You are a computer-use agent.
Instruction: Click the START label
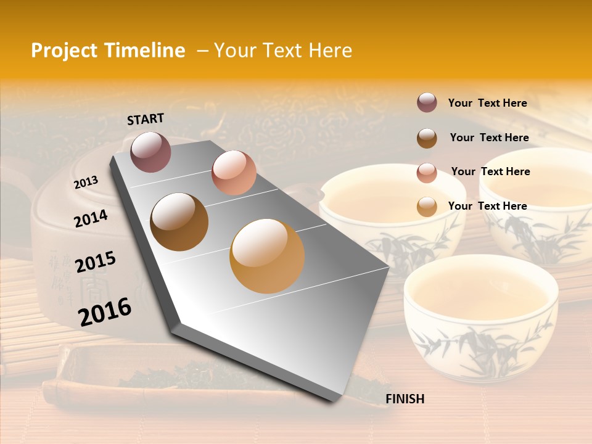[x=146, y=119]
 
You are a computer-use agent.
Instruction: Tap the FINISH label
[x=405, y=399]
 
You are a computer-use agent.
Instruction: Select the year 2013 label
[x=86, y=183]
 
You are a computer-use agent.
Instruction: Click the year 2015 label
[x=96, y=262]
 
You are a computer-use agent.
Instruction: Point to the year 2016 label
[x=105, y=311]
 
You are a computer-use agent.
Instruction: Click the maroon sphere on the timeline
[x=150, y=152]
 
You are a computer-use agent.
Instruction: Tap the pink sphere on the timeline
[x=234, y=173]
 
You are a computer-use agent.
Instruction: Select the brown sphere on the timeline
[x=179, y=222]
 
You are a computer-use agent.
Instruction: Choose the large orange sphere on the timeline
[x=267, y=256]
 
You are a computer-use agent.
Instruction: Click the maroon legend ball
[x=427, y=103]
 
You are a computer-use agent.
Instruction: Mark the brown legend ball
[x=427, y=138]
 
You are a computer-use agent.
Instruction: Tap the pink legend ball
[x=427, y=173]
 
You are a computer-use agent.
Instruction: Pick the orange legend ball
[x=427, y=207]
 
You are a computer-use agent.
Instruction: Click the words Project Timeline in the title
[x=108, y=51]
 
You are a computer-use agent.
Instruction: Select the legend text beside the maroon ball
[x=487, y=103]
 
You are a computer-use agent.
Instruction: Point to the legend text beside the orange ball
[x=487, y=206]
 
